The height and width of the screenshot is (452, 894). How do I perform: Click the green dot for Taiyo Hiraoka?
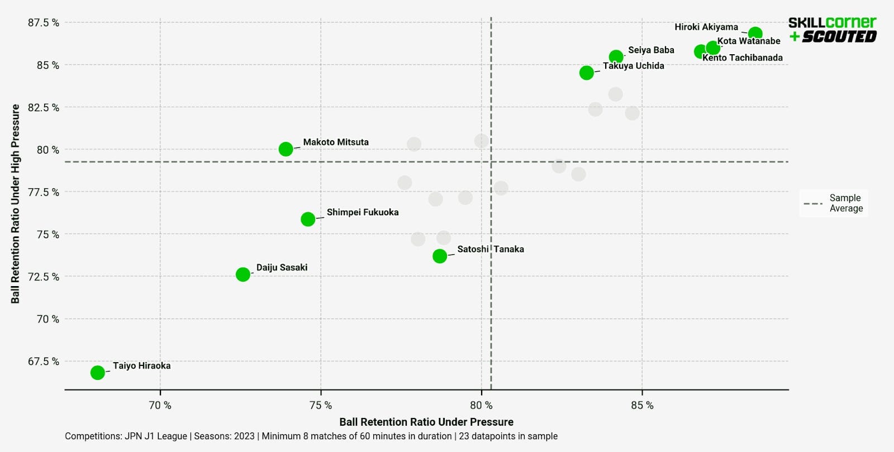pos(97,372)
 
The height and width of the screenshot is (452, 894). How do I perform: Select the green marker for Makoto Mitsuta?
pos(286,149)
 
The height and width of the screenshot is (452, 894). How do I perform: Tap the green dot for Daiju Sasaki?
pos(242,274)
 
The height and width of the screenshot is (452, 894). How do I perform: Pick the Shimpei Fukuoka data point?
pos(308,219)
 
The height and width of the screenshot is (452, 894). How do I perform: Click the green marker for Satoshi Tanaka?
pos(440,256)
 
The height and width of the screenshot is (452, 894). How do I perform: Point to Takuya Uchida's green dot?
pos(586,73)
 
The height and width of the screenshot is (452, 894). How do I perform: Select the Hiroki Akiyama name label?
pos(706,27)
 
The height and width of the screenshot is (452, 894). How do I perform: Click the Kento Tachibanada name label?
pos(742,58)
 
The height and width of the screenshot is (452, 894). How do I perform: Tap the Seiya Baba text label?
pos(651,50)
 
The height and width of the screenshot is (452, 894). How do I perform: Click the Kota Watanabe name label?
pos(749,41)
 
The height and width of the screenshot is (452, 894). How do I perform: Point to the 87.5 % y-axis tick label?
pos(44,22)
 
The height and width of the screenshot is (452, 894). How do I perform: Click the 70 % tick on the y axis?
pos(47,319)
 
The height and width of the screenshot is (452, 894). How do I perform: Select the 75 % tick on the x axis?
pos(321,405)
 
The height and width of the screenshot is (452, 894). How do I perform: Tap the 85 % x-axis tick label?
pos(642,405)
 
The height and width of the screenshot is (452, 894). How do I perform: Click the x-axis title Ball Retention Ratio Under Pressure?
pos(426,422)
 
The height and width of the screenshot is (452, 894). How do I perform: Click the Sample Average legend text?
pos(846,203)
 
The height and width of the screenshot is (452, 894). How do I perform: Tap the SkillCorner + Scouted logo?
pos(832,30)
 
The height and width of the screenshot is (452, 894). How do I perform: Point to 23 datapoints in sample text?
pos(508,436)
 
